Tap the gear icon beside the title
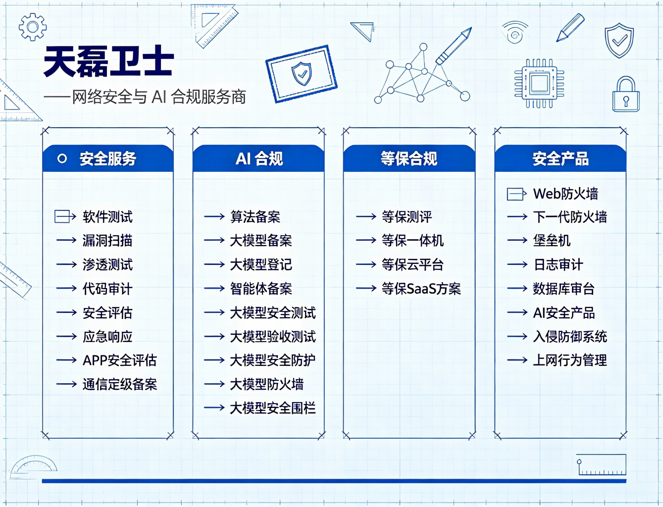(33, 27)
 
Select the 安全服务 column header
(108, 158)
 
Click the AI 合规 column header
(258, 158)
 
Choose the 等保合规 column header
(409, 158)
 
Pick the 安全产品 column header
(561, 158)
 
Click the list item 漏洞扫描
(107, 241)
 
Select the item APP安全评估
(120, 360)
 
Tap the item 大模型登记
(261, 264)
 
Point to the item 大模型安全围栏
(273, 408)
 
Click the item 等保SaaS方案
(421, 289)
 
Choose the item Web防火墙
(565, 194)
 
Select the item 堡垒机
(552, 241)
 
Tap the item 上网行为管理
(570, 360)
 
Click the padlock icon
(626, 94)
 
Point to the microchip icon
(540, 83)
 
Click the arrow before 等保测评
(366, 216)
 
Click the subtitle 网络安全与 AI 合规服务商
(159, 97)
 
